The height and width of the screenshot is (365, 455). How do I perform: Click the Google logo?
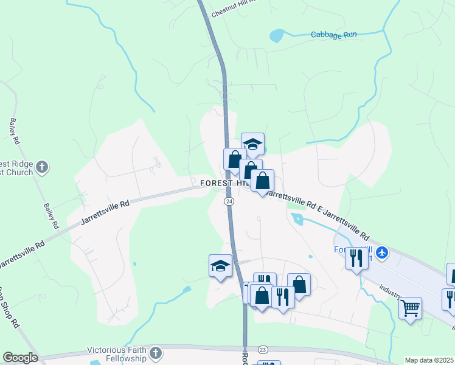tap(20, 358)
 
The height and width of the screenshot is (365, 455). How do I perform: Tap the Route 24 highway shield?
tap(229, 201)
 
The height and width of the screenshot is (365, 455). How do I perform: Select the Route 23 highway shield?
tap(263, 349)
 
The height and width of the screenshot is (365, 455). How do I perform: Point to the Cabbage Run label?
tap(333, 35)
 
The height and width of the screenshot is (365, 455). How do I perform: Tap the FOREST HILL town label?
tap(224, 182)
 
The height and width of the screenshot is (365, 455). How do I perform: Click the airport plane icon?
tap(382, 252)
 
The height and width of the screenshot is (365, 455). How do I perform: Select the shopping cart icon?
tap(411, 307)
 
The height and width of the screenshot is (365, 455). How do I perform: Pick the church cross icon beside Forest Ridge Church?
tap(42, 166)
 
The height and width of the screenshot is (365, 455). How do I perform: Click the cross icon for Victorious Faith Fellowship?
tap(156, 352)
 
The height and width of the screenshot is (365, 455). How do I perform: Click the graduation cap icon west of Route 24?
tap(220, 265)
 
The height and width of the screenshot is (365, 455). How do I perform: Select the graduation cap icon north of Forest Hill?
tap(252, 144)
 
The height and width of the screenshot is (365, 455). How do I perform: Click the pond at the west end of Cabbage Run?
tap(277, 35)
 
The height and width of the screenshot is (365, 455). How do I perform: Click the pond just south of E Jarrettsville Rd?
tap(298, 219)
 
